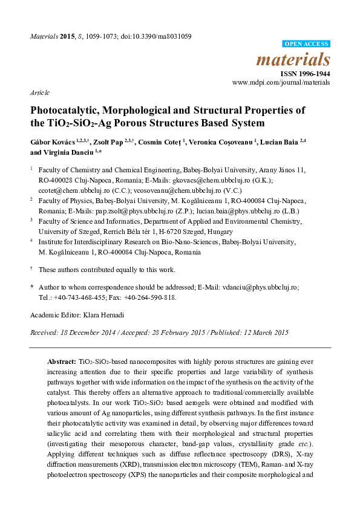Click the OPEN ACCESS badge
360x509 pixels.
(307, 44)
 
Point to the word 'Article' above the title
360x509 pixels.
(39, 92)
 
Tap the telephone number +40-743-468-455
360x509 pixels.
(85, 297)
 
